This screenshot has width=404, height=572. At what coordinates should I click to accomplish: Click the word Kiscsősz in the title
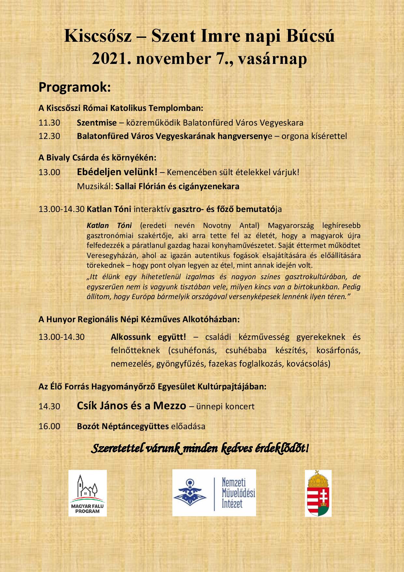point(98,36)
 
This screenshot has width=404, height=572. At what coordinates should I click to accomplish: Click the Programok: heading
point(75,87)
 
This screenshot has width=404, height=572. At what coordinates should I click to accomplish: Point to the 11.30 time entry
point(49,123)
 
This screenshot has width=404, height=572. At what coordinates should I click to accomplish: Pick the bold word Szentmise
point(97,123)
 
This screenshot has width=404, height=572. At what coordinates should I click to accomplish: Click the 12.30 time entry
point(49,136)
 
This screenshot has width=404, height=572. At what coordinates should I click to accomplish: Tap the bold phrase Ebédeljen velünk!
point(117,172)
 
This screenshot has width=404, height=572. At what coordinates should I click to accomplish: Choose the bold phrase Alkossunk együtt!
point(149,337)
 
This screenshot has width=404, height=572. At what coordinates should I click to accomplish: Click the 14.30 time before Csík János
point(49,407)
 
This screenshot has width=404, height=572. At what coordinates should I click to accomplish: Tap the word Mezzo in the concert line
point(170,406)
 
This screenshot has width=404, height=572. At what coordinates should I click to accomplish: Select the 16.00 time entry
point(49,426)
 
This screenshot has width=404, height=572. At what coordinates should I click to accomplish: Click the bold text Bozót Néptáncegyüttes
point(123,426)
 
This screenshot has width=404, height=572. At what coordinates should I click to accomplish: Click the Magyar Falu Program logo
point(87,493)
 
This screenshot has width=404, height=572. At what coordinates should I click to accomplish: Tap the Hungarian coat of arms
point(318,493)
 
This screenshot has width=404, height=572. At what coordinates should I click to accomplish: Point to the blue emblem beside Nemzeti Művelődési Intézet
point(190,492)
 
